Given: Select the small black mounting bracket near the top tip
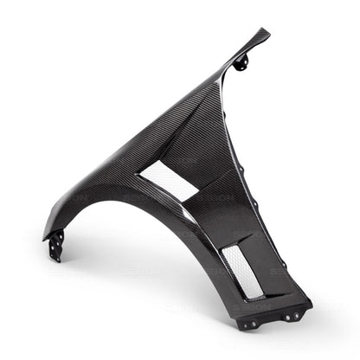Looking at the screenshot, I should [241, 61].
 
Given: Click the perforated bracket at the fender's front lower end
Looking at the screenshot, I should [56, 246].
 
